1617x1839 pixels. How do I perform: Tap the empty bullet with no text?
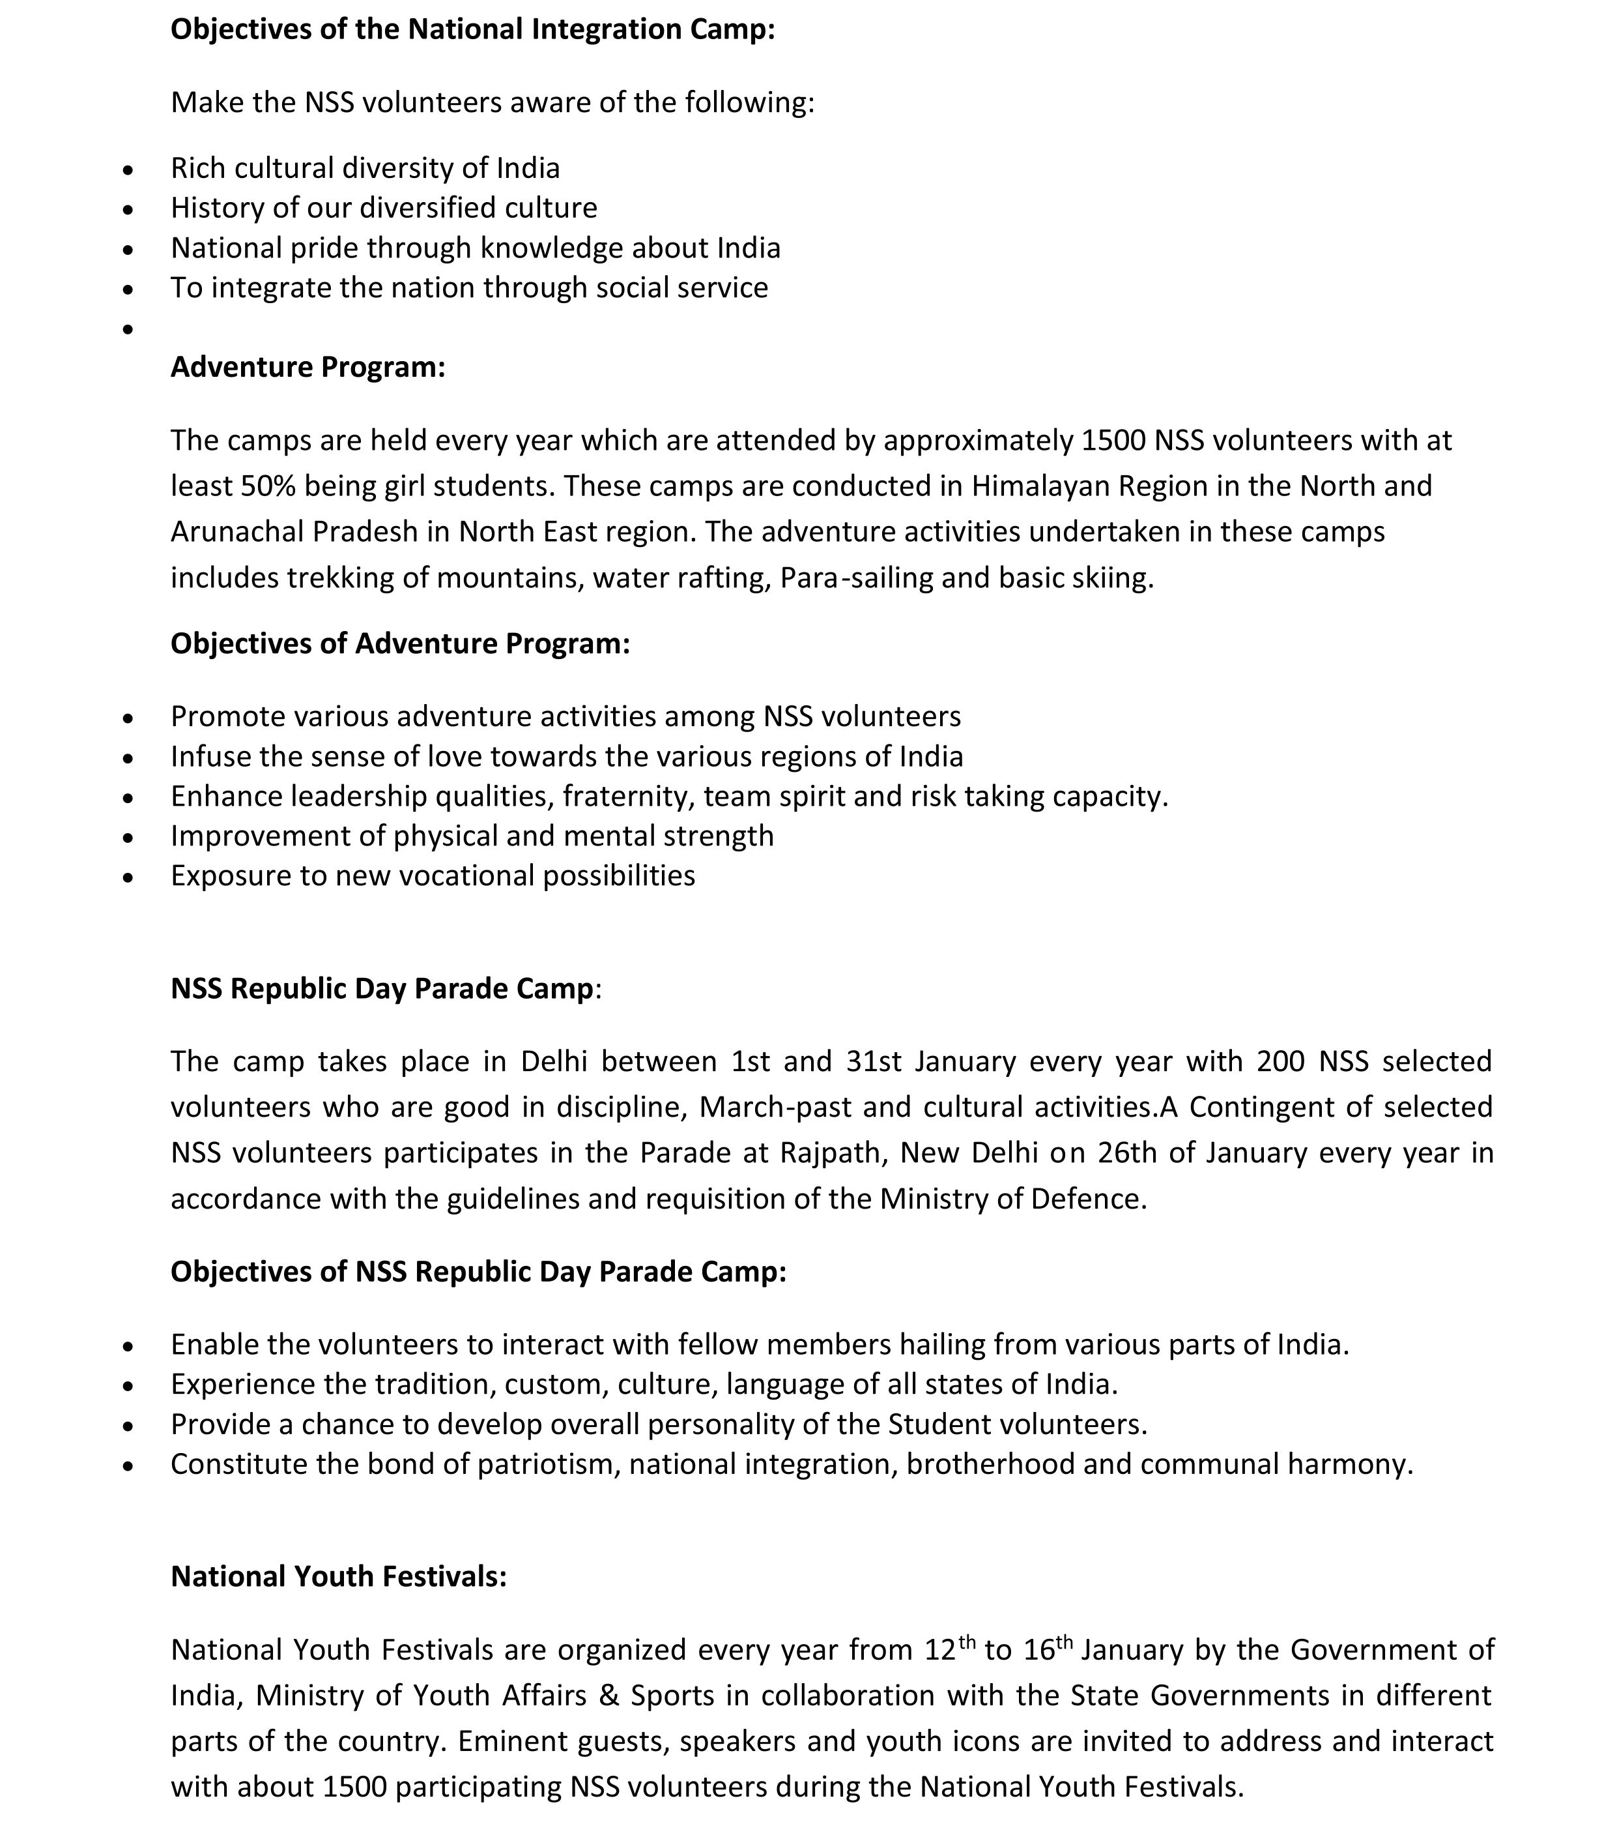[128, 329]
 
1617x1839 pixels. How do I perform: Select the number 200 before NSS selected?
[1281, 1062]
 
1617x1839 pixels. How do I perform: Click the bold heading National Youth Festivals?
[339, 1576]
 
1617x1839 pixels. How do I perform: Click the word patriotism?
[549, 1464]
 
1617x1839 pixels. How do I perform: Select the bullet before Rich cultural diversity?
[128, 169]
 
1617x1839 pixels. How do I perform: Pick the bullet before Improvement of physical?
[128, 837]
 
